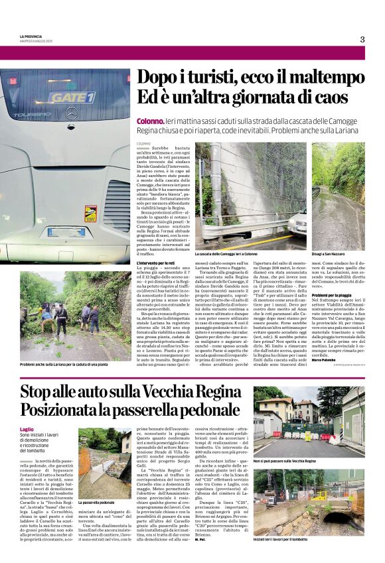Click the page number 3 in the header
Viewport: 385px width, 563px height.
[362, 39]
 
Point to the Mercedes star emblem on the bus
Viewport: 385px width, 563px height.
[71, 113]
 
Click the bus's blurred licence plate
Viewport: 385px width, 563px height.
[66, 232]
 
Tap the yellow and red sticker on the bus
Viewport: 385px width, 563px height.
[90, 214]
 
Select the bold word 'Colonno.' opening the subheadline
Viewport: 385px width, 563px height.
[150, 122]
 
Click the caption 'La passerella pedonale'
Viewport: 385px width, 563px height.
[98, 503]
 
